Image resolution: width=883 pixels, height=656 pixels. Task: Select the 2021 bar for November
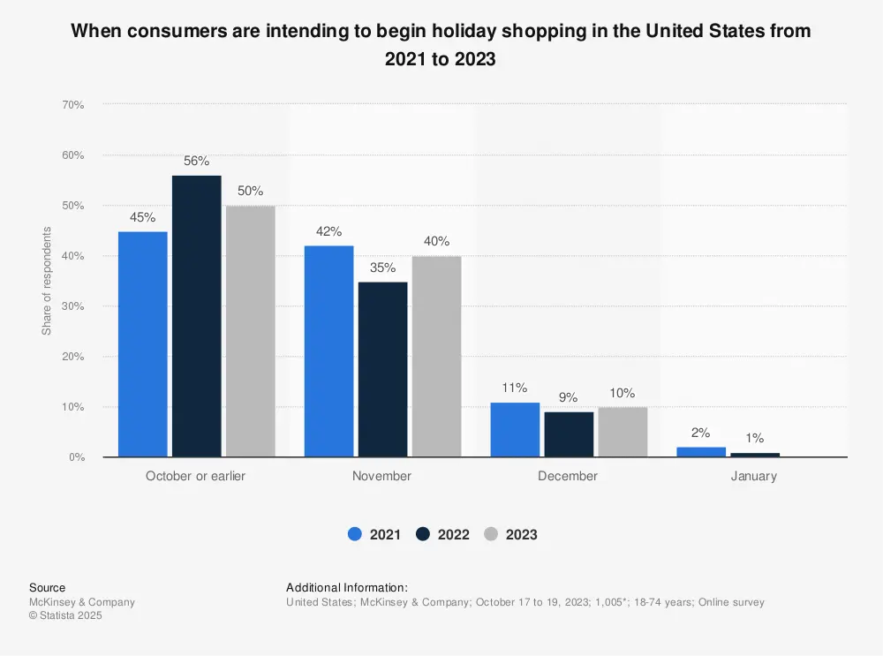[328, 351]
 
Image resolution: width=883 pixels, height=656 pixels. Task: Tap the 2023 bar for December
[623, 432]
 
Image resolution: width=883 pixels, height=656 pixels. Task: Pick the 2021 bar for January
[701, 452]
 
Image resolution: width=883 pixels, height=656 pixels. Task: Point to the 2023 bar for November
[436, 357]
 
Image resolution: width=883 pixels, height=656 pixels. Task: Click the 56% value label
[196, 162]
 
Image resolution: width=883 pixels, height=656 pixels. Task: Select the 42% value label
[328, 232]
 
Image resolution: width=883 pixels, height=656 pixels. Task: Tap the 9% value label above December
[569, 398]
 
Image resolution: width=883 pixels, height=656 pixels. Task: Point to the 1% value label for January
[754, 438]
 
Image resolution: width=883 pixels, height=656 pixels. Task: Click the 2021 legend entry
[374, 534]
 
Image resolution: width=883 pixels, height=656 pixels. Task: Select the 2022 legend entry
[442, 534]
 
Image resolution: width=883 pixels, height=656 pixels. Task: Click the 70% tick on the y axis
[72, 105]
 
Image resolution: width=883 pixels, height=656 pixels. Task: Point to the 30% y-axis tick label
[72, 306]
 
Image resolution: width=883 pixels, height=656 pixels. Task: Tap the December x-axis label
[568, 476]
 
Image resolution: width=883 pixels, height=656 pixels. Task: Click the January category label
[754, 476]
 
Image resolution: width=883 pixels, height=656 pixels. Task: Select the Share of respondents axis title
[47, 281]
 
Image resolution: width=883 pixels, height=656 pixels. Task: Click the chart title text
[441, 44]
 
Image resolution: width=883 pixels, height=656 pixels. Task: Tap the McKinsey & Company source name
[82, 602]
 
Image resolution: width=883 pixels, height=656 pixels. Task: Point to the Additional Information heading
[347, 587]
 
